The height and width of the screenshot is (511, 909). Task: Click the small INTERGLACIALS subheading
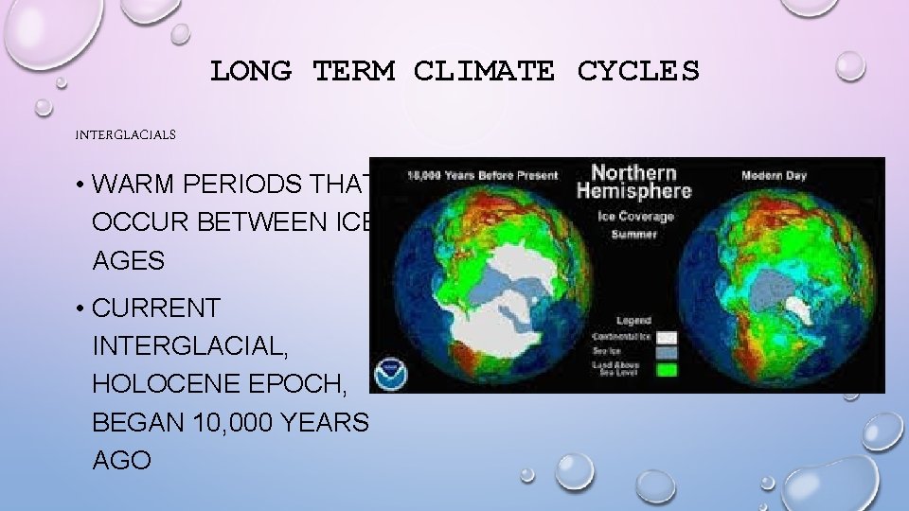[126, 135]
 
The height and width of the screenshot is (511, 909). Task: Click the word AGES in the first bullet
[128, 260]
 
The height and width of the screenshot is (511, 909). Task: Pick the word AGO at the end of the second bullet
[121, 461]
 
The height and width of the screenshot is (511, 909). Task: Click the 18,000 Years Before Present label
[483, 176]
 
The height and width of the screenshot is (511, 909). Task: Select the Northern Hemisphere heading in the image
[633, 181]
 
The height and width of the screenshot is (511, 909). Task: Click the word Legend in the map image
[634, 321]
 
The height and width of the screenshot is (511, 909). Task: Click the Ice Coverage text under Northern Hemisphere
[634, 216]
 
